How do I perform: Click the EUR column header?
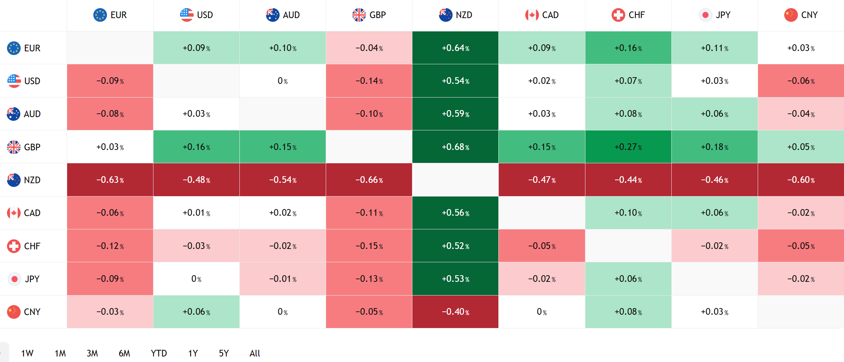110,15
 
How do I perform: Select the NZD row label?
24,180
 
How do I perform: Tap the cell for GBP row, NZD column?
455,147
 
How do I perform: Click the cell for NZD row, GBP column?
369,180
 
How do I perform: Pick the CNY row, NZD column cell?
455,312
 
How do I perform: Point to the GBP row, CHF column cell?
628,147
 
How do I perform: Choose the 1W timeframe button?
27,353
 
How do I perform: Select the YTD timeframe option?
159,353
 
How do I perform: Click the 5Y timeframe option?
224,353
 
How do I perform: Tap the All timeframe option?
255,353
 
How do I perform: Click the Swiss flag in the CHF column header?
618,15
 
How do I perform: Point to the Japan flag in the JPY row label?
14,279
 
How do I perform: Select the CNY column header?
801,15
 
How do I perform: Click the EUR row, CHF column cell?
628,48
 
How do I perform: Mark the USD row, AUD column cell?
283,81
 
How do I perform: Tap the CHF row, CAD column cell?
542,246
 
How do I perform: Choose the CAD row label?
24,213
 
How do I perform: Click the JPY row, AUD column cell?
283,279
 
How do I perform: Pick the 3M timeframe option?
92,353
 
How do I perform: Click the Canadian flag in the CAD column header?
532,15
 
